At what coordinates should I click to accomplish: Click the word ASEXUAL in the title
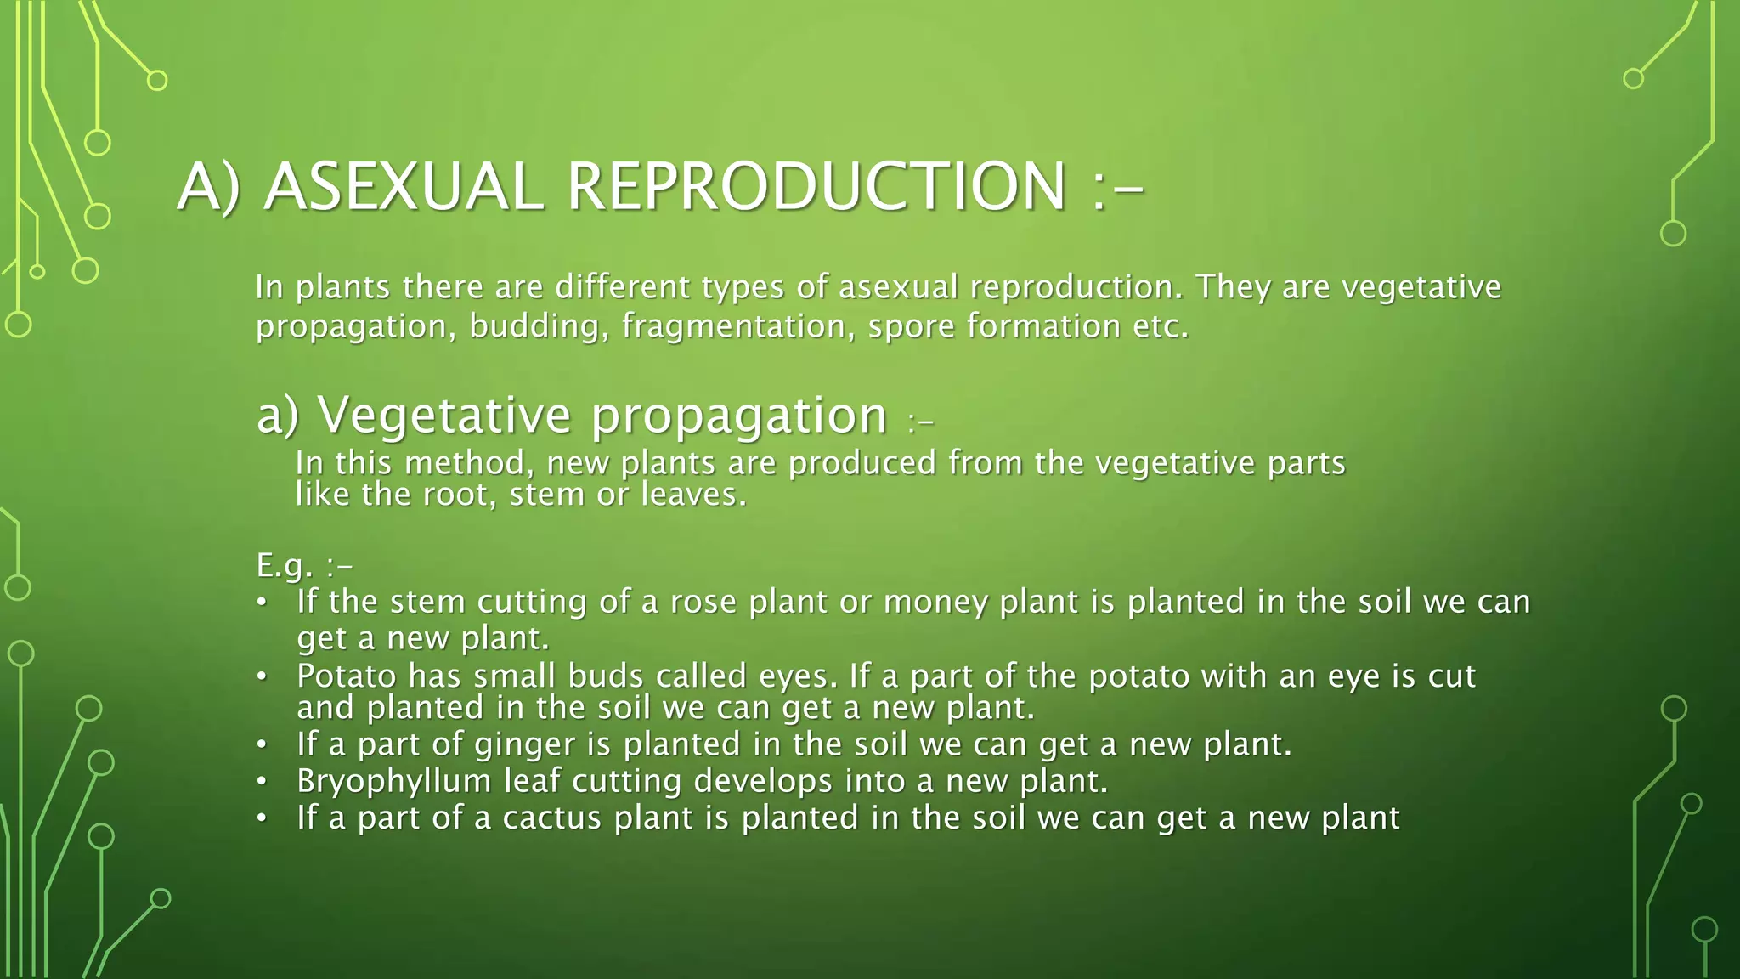coord(403,187)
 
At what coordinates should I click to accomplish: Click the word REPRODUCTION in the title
coord(816,187)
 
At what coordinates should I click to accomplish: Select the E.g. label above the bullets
coord(285,565)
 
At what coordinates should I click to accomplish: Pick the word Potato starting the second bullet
coord(347,676)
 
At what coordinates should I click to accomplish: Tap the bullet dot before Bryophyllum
coord(263,782)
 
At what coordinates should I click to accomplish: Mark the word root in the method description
coord(461,495)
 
